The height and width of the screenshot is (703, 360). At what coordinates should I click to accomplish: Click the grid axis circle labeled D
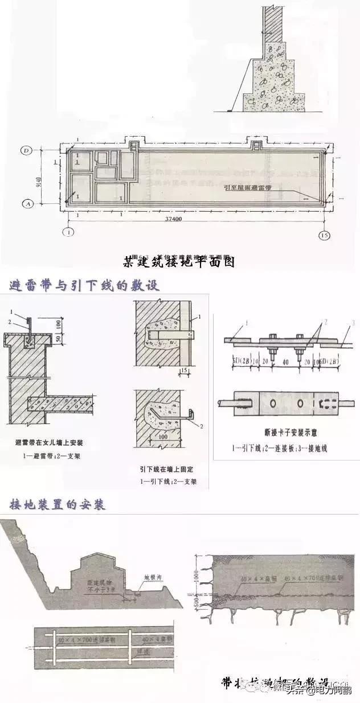26,150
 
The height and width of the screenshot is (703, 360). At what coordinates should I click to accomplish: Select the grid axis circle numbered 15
323,235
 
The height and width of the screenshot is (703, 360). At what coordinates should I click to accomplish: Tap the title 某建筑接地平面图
179,262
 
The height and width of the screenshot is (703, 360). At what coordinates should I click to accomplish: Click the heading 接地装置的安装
57,505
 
